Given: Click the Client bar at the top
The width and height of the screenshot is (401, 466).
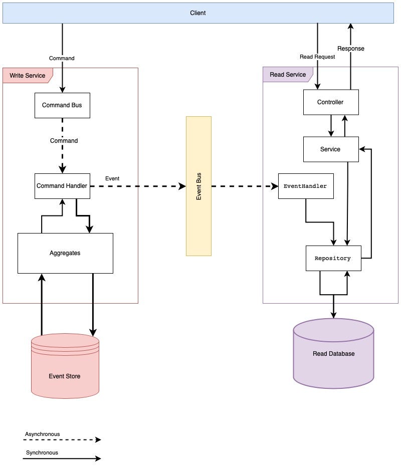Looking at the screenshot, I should pyautogui.click(x=198, y=13).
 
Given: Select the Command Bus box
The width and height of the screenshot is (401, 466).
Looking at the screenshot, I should pyautogui.click(x=62, y=105).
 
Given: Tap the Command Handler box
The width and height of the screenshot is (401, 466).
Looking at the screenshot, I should pyautogui.click(x=62, y=186).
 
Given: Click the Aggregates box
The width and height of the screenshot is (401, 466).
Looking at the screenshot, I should pyautogui.click(x=65, y=253).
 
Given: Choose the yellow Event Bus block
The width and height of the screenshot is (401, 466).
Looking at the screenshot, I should pyautogui.click(x=198, y=186).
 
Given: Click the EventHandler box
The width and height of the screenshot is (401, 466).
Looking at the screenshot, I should pyautogui.click(x=305, y=186).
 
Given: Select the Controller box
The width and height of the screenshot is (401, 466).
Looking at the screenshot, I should pyautogui.click(x=330, y=102).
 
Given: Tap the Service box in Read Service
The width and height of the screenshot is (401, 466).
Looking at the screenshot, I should pyautogui.click(x=330, y=149).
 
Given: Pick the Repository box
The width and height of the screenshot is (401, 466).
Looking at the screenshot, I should pyautogui.click(x=333, y=259).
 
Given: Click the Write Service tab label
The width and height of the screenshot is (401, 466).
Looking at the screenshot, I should pyautogui.click(x=28, y=76).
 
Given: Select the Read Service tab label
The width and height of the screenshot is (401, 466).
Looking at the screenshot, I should pyautogui.click(x=288, y=75).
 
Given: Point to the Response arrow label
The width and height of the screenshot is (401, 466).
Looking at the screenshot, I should pyautogui.click(x=351, y=49).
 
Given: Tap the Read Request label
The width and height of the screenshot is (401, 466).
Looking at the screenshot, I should pyautogui.click(x=317, y=57).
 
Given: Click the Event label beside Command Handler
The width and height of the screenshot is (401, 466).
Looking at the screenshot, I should pyautogui.click(x=112, y=178).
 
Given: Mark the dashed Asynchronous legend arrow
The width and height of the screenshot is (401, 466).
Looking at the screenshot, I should pyautogui.click(x=62, y=440).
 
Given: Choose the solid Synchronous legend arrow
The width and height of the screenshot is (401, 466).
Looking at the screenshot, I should pyautogui.click(x=62, y=458).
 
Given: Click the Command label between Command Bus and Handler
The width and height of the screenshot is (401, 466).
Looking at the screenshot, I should pyautogui.click(x=64, y=141).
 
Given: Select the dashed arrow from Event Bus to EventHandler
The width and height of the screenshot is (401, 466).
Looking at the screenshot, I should pyautogui.click(x=245, y=186).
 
